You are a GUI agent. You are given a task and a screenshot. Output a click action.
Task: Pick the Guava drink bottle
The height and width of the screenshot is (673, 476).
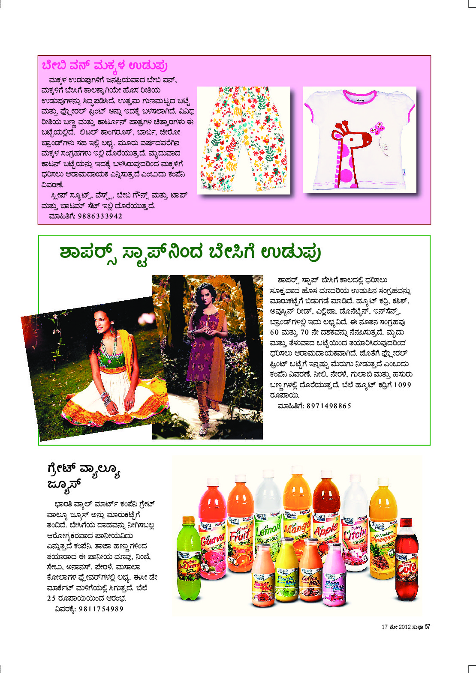(213, 531)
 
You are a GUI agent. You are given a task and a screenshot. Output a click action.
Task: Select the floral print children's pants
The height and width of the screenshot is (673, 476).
(244, 139)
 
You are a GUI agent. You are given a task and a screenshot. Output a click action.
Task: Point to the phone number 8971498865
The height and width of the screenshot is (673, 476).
(329, 406)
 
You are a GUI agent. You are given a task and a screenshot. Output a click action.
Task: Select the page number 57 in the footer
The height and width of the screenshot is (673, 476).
(427, 627)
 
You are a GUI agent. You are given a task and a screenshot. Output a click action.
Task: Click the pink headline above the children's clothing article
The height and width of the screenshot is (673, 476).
(105, 66)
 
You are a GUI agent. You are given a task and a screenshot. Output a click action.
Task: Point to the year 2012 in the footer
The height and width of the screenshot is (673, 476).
(404, 627)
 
